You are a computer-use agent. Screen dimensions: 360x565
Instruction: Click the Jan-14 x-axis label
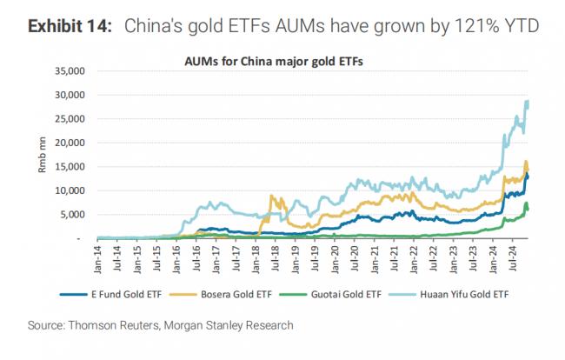click(x=98, y=258)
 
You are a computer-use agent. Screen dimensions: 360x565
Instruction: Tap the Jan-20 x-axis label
click(x=335, y=258)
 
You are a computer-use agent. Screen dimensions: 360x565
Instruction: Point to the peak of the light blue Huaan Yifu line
click(x=527, y=102)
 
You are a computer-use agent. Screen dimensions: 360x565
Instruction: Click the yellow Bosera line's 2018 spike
click(x=272, y=196)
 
